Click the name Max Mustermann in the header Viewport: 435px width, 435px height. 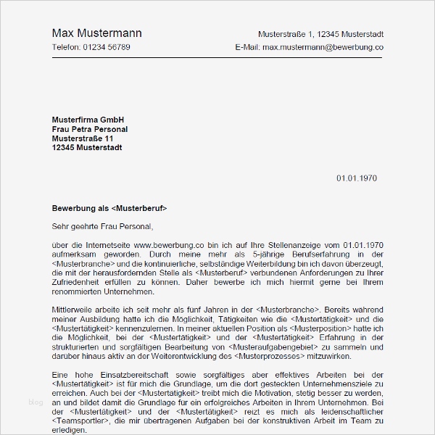tap(97, 33)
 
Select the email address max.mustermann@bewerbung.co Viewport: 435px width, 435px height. tap(323, 47)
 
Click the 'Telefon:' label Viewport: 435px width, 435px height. tap(67, 47)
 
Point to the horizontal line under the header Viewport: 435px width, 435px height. tap(217, 57)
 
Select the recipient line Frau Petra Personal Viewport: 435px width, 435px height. tap(90, 129)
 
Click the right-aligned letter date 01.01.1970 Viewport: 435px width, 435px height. tap(357, 178)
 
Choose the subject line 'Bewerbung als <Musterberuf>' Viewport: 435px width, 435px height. tap(109, 208)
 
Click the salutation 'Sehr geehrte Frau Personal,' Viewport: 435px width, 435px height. tap(103, 226)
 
